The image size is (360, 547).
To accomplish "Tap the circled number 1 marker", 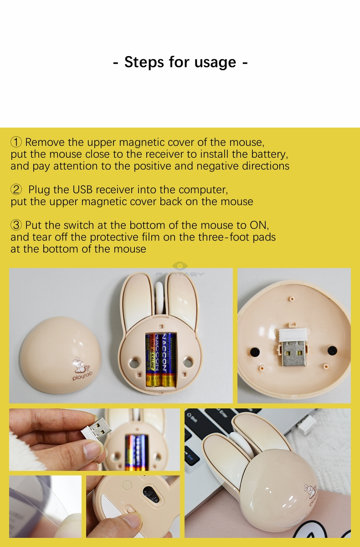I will [16, 142].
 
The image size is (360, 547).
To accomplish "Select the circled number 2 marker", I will [16, 190].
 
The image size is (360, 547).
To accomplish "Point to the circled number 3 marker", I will [16, 225].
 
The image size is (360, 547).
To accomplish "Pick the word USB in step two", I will [82, 190].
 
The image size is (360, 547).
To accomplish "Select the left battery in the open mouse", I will [153, 360].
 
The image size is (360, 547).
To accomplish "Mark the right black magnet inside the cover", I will [333, 350].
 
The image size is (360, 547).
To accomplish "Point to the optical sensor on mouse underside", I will [151, 494].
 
